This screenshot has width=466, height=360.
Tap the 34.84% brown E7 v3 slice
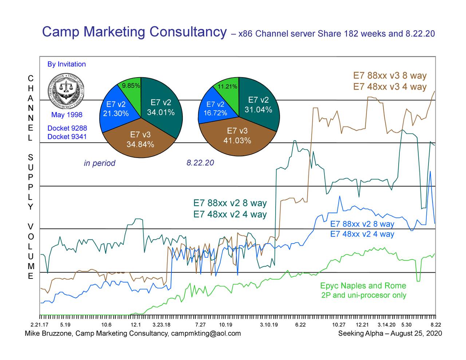(x=140, y=140)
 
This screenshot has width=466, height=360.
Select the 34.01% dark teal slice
(x=161, y=107)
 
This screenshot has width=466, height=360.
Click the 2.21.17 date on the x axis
(x=39, y=325)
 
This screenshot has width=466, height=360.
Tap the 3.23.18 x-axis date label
(x=161, y=325)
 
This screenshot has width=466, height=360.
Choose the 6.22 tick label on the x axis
(x=300, y=325)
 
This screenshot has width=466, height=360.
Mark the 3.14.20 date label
(x=386, y=325)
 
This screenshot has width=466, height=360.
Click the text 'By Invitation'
(x=67, y=64)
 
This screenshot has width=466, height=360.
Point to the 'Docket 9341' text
(x=67, y=137)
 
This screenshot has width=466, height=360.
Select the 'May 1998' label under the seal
(x=67, y=115)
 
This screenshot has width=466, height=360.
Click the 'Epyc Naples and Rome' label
(x=363, y=286)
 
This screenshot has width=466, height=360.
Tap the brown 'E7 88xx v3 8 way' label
(x=390, y=76)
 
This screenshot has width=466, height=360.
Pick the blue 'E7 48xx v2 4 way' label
(x=362, y=234)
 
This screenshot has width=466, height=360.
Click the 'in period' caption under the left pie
(x=99, y=163)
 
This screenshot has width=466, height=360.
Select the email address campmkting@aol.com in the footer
(x=206, y=333)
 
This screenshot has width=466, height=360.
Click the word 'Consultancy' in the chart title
(x=188, y=32)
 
